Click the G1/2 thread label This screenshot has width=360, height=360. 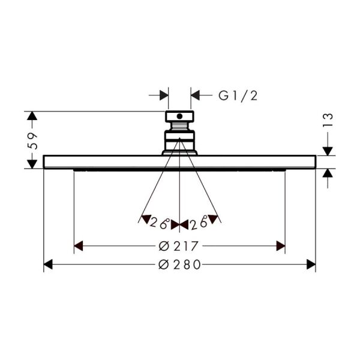click(x=238, y=96)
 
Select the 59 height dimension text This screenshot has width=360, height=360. click(x=32, y=141)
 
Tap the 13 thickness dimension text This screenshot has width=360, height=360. click(x=328, y=120)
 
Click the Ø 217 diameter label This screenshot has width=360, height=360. click(x=178, y=246)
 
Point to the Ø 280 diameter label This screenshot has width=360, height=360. click(x=179, y=265)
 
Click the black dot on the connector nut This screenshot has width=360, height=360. click(x=179, y=116)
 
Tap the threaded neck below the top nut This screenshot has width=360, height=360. click(x=179, y=126)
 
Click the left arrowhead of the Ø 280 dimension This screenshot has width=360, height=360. click(x=48, y=265)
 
